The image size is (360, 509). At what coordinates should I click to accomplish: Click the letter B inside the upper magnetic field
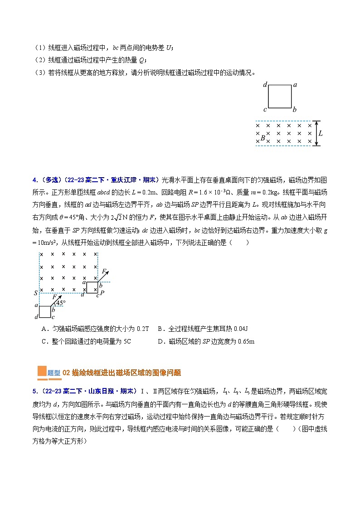click(263, 137)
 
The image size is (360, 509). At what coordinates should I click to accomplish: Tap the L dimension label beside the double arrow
click(321, 133)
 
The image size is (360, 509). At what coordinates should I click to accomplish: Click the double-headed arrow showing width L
click(316, 133)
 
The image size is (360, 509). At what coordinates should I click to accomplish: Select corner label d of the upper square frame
click(265, 85)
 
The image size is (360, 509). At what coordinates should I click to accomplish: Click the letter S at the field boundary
click(35, 293)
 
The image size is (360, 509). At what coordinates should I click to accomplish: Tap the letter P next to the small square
click(102, 293)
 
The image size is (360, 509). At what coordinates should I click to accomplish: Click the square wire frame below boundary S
click(44, 311)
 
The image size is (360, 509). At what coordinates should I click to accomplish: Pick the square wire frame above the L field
click(280, 97)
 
